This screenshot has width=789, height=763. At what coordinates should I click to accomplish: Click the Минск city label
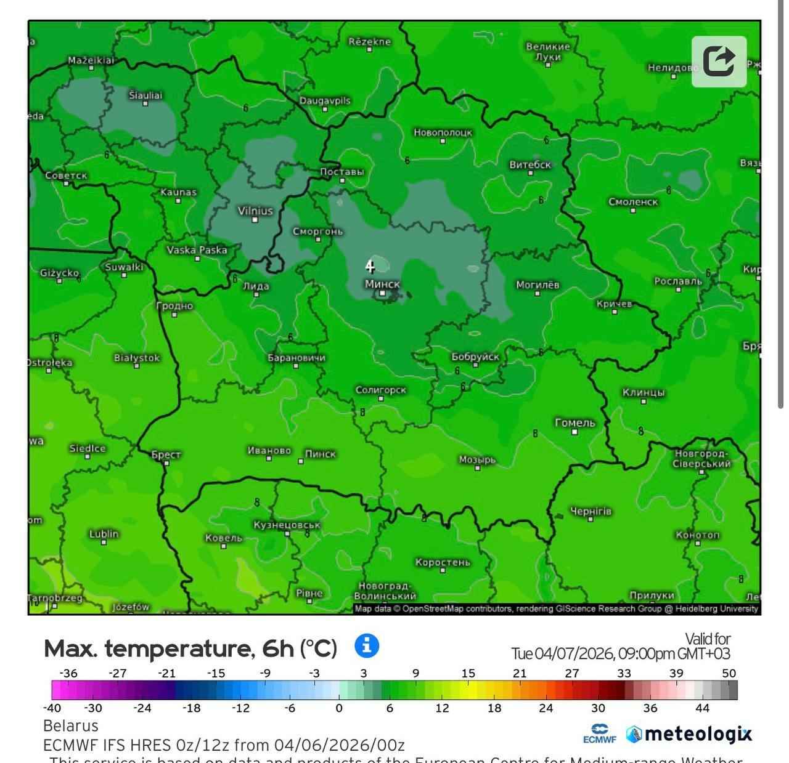point(382,284)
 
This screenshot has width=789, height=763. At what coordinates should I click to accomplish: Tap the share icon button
point(719,62)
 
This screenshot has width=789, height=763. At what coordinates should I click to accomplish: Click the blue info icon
point(367,646)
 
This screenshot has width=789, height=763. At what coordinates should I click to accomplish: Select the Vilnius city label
point(255,211)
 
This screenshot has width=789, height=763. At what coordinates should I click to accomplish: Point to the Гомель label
point(574,422)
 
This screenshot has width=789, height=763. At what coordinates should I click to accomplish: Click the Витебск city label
point(530,164)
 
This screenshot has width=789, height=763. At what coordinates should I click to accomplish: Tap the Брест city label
point(166,454)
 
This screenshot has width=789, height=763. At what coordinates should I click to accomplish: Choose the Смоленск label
point(633,201)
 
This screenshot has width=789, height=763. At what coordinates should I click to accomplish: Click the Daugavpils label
point(325,100)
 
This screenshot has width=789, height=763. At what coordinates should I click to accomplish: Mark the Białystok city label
point(137,358)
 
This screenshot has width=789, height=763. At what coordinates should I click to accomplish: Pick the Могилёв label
point(538,285)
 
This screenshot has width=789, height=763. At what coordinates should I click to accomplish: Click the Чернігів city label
point(591,511)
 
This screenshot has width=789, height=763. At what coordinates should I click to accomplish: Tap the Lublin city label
point(104,533)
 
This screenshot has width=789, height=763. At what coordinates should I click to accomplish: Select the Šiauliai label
point(145,95)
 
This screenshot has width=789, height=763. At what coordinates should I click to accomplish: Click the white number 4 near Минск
point(370,266)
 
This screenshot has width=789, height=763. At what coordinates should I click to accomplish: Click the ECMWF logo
point(599,734)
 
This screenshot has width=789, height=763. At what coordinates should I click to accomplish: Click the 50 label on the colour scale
point(729,673)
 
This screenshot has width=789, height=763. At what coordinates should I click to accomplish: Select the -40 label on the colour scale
point(52,708)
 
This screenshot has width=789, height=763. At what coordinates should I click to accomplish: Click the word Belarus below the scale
point(71,725)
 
